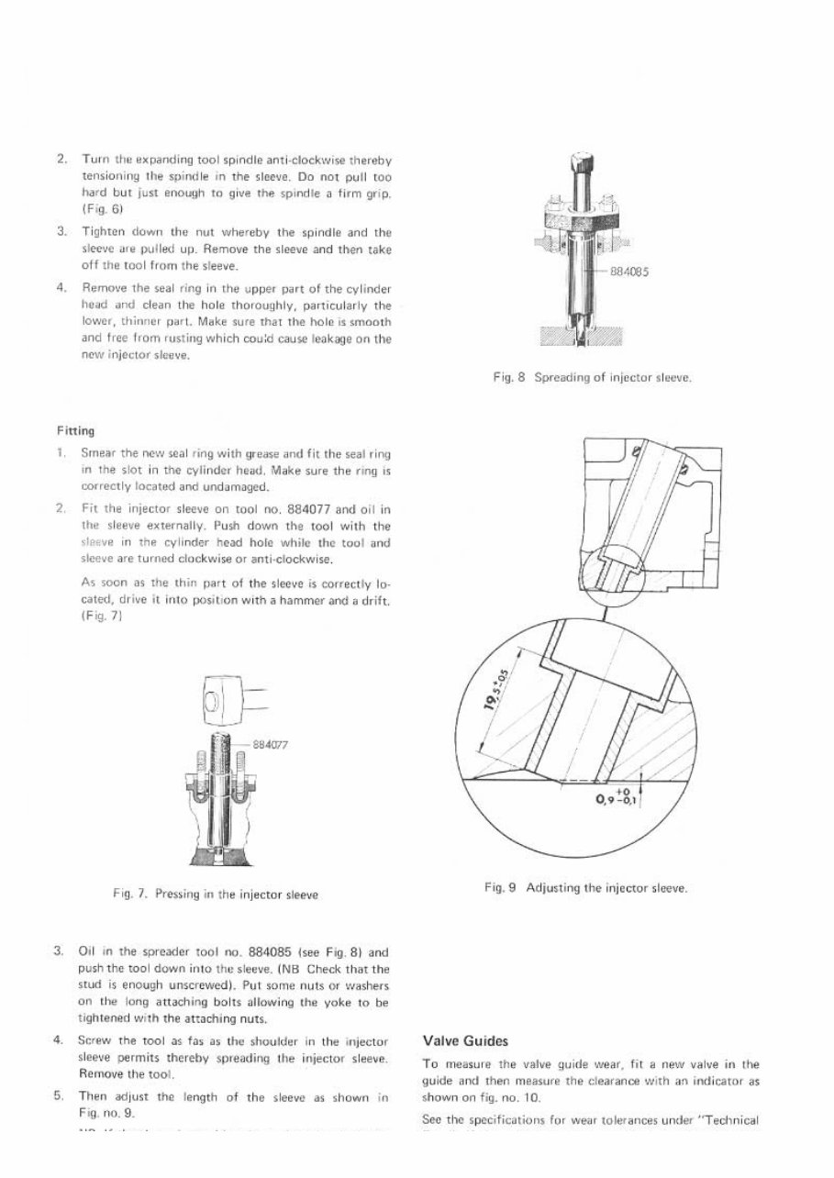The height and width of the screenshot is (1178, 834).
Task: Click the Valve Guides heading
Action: [464, 1041]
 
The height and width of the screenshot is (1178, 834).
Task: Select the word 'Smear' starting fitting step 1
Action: [97, 452]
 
